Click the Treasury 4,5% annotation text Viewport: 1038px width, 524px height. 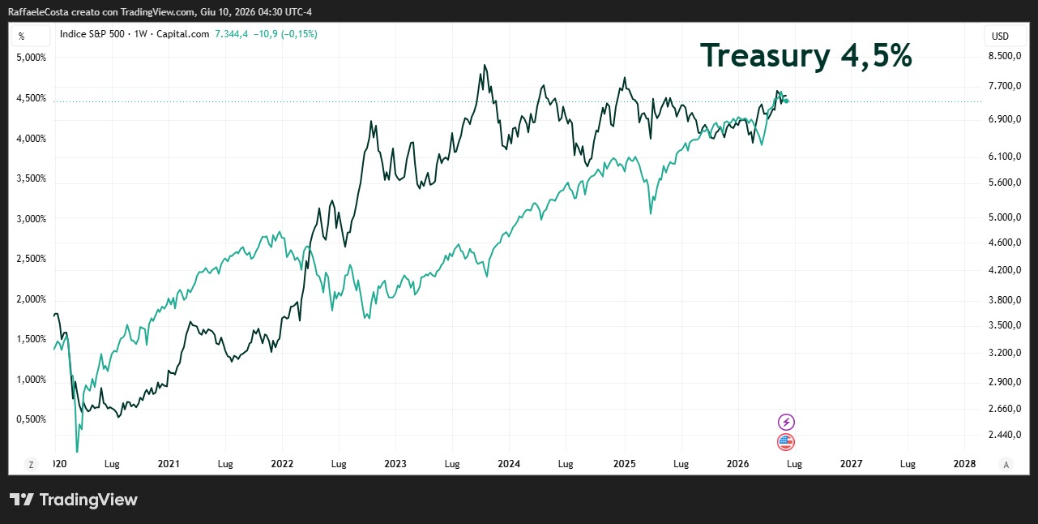point(805,56)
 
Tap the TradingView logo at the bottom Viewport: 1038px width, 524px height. point(74,500)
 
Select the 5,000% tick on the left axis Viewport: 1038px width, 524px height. point(32,58)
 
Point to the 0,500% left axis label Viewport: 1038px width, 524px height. point(32,419)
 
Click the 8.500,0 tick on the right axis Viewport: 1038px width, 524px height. point(1005,56)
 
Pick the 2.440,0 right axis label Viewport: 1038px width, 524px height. point(1005,435)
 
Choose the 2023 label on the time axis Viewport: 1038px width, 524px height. point(395,464)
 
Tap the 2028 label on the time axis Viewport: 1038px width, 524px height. point(964,464)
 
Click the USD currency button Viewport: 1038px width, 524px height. point(1000,37)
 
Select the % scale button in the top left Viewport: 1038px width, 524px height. point(21,37)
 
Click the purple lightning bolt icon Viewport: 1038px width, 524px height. point(786,422)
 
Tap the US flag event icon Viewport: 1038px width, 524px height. point(786,442)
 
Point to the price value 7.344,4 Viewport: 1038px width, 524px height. point(231,34)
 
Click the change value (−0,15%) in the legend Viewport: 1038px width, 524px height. point(299,34)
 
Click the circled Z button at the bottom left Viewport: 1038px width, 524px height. point(31,465)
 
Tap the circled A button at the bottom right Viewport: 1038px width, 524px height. point(1006,465)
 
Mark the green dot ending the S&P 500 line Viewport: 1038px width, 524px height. point(786,101)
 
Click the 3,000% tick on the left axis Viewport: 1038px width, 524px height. point(32,218)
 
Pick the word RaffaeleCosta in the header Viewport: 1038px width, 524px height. point(38,12)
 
